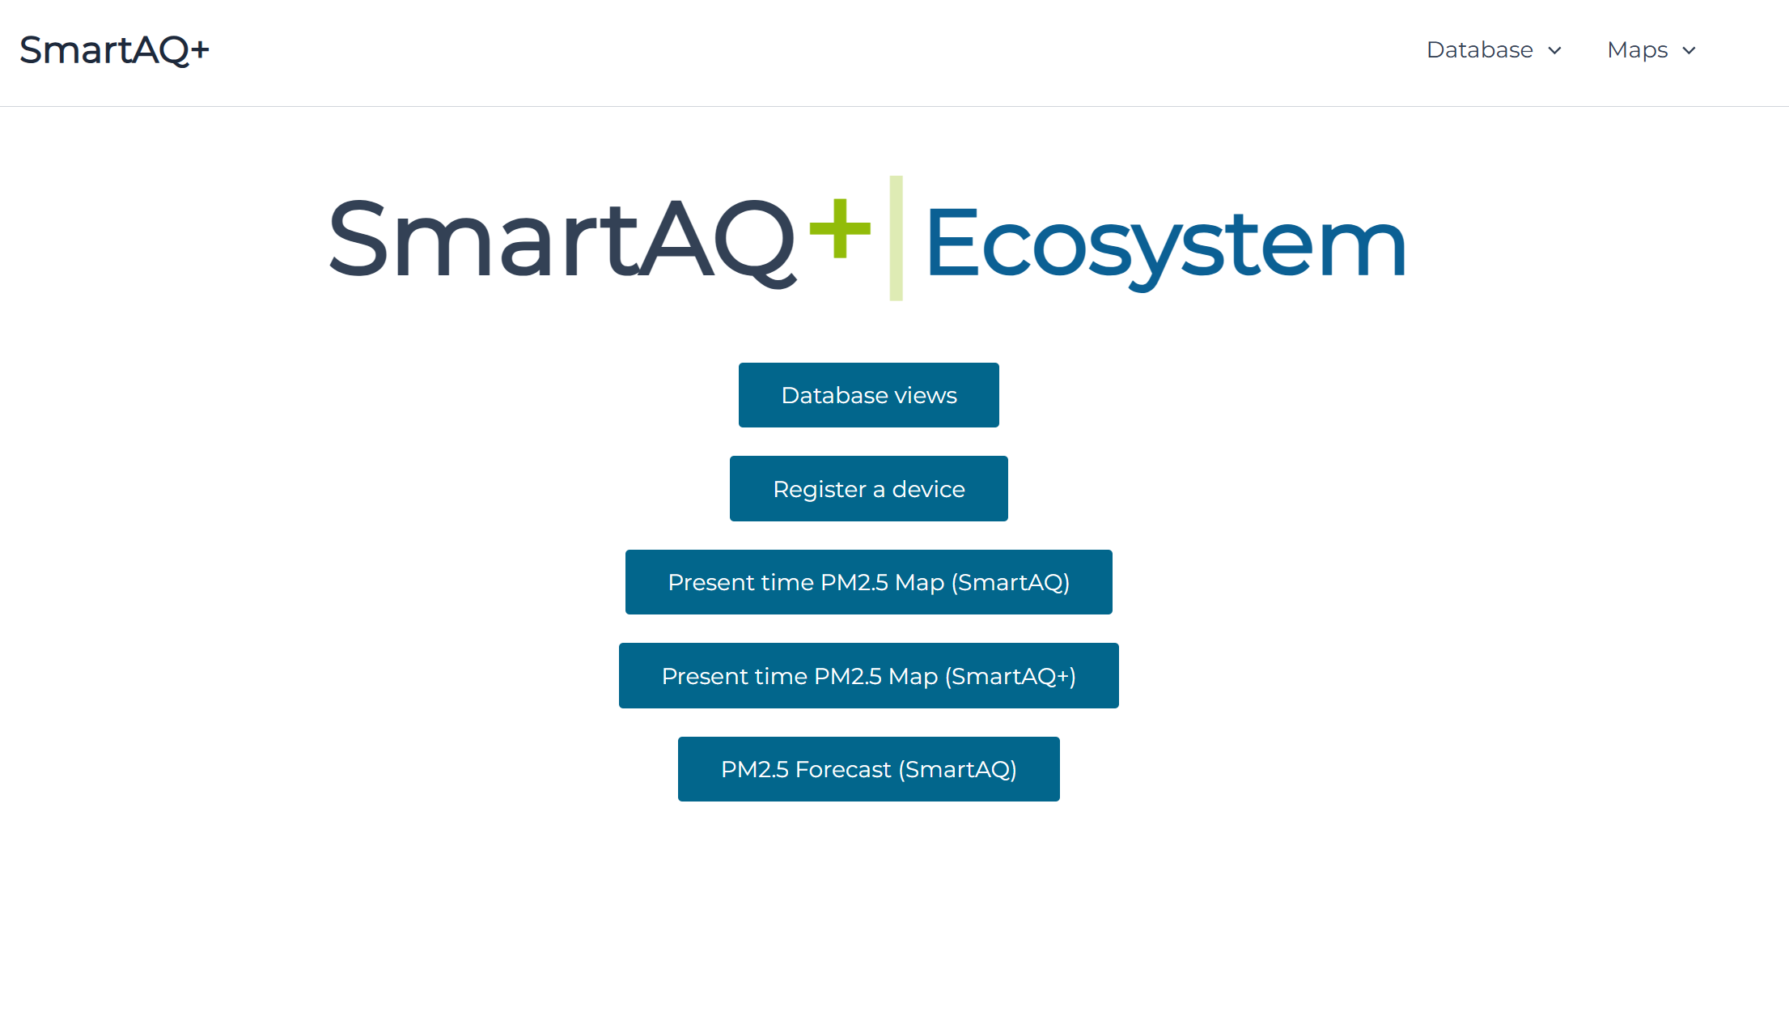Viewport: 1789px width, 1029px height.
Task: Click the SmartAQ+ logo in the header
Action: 114,50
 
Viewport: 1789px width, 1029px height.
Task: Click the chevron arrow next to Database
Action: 1554,51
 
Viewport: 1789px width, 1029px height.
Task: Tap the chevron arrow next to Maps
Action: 1689,51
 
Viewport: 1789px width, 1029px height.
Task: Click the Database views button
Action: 868,395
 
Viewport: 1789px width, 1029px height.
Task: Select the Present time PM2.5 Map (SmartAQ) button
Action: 868,582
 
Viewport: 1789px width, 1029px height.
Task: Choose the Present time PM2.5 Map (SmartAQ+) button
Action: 868,676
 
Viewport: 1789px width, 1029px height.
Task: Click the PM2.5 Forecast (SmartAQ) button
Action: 868,769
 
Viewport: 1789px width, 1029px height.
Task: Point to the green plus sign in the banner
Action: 840,228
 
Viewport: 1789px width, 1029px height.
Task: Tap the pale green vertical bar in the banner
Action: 896,238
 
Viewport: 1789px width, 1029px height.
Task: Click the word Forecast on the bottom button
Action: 843,769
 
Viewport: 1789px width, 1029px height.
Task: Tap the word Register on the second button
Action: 819,490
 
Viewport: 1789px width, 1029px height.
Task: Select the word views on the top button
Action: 926,395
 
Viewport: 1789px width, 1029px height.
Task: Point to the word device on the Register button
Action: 928,489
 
